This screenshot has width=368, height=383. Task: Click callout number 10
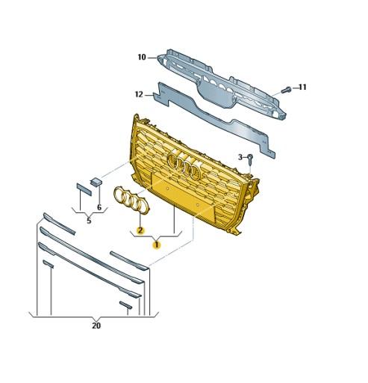click(x=141, y=56)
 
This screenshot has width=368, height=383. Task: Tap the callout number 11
click(x=302, y=88)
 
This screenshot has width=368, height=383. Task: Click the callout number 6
click(x=99, y=206)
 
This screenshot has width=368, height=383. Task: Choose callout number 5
click(x=88, y=221)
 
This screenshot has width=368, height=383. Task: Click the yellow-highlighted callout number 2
click(x=140, y=230)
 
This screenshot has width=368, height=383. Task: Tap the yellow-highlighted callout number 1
click(x=157, y=244)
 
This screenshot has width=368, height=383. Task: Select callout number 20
click(x=96, y=325)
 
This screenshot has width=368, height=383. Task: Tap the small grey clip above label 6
click(x=96, y=181)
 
